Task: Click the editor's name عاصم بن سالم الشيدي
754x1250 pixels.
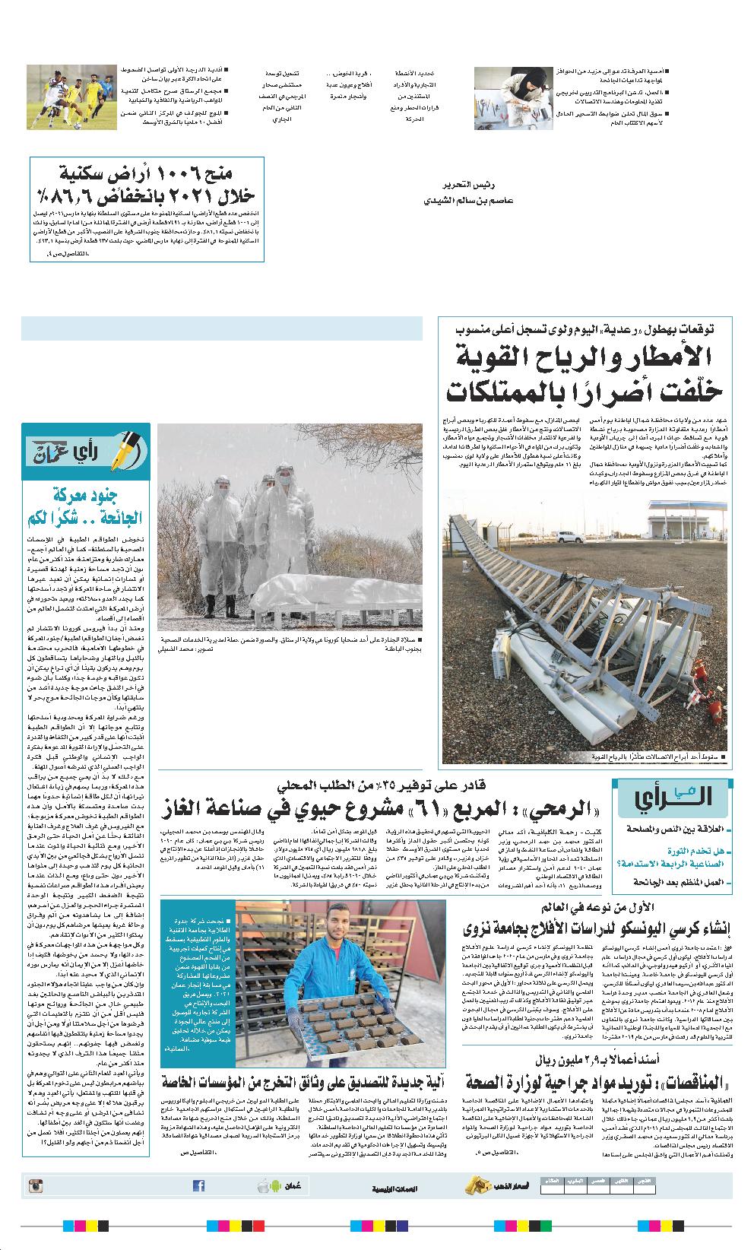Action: pos(469,201)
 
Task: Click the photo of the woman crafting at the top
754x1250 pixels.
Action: pos(512,97)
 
